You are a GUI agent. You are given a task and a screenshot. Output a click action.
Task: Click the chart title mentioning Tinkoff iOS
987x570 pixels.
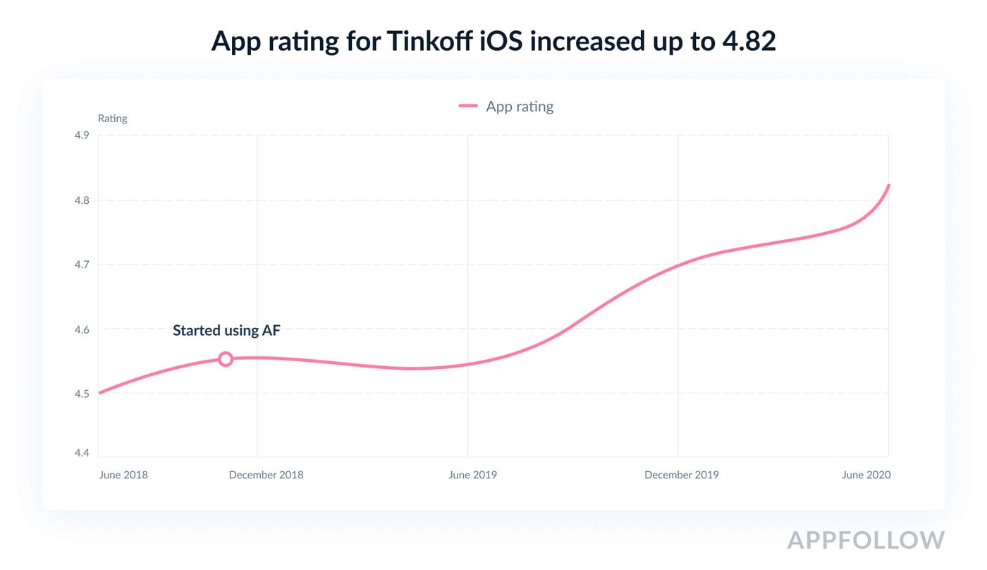pos(493,42)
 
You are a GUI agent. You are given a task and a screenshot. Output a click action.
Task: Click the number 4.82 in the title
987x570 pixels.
pos(749,42)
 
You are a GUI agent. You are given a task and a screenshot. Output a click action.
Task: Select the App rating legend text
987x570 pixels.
pos(520,107)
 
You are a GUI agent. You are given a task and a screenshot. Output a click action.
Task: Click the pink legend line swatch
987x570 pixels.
pos(468,107)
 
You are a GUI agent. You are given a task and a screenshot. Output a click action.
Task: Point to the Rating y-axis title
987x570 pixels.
pos(112,119)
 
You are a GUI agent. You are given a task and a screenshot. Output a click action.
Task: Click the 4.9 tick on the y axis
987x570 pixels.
pos(82,135)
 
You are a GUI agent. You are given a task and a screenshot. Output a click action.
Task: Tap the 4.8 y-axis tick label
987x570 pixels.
pos(82,200)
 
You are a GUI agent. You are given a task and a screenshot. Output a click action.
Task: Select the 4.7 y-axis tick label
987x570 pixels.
pos(82,265)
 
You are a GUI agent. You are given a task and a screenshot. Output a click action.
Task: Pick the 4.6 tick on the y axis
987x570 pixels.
pos(82,329)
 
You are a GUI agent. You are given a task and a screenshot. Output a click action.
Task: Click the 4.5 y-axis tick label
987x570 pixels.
pos(82,394)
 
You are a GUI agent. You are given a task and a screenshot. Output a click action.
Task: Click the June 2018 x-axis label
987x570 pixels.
pos(123,475)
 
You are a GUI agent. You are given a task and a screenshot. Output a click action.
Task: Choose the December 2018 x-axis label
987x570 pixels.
pos(266,475)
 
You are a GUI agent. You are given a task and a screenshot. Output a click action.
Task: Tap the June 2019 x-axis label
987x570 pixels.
pos(472,475)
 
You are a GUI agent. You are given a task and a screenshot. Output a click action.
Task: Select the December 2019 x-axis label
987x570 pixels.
pos(681,475)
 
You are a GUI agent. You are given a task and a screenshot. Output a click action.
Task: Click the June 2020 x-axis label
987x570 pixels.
pos(866,475)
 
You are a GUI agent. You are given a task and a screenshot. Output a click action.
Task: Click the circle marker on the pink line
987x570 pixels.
pos(225,359)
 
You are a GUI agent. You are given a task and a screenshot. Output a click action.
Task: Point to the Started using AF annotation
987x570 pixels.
pos(226,330)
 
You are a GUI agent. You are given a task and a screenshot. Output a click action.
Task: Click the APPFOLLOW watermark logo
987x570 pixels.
pos(865,540)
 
